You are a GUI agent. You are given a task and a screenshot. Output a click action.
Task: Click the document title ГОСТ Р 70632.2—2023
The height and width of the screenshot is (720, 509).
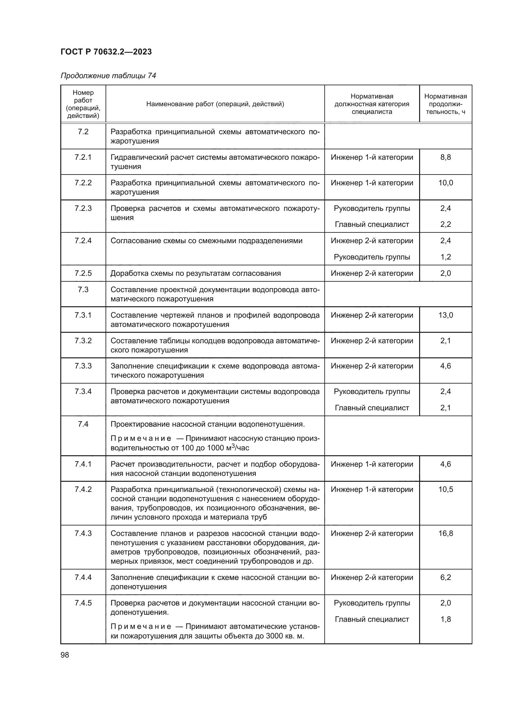click(106, 52)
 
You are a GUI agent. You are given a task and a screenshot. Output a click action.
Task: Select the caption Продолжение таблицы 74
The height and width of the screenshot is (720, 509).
click(108, 76)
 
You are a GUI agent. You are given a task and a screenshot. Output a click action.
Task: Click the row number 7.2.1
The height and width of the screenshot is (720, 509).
click(83, 157)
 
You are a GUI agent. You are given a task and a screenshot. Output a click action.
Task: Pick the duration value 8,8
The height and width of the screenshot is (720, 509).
click(445, 157)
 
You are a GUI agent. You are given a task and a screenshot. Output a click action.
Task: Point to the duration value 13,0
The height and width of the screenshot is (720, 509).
click(445, 315)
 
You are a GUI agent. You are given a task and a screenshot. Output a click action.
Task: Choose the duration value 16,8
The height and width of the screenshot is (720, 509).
click(445, 533)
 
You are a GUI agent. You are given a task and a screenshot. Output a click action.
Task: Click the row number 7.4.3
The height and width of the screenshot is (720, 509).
click(83, 533)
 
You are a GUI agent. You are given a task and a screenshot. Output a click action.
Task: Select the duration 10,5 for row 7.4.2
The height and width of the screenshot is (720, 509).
click(445, 489)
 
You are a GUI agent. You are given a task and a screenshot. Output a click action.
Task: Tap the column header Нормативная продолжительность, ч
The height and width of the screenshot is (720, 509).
click(445, 104)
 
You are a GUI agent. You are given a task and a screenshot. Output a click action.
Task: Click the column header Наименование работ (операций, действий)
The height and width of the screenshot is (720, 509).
click(215, 104)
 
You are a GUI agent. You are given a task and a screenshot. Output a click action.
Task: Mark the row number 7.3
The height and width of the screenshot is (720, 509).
click(83, 289)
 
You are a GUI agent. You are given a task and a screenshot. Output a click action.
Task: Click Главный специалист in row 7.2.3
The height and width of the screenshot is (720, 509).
click(372, 224)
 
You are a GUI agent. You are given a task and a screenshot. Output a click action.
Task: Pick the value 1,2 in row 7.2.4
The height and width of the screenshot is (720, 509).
click(445, 257)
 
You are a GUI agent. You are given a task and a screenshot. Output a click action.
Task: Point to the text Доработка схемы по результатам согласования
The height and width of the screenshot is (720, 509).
click(196, 273)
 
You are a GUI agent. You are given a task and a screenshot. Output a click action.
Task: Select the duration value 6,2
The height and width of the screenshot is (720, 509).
click(445, 577)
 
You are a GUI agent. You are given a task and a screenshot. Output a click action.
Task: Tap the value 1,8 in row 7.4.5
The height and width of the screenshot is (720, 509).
click(445, 619)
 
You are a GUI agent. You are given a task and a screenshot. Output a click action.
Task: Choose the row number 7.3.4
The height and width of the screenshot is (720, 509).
click(83, 391)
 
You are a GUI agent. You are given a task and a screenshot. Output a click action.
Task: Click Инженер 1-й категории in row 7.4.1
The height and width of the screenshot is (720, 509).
click(372, 464)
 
